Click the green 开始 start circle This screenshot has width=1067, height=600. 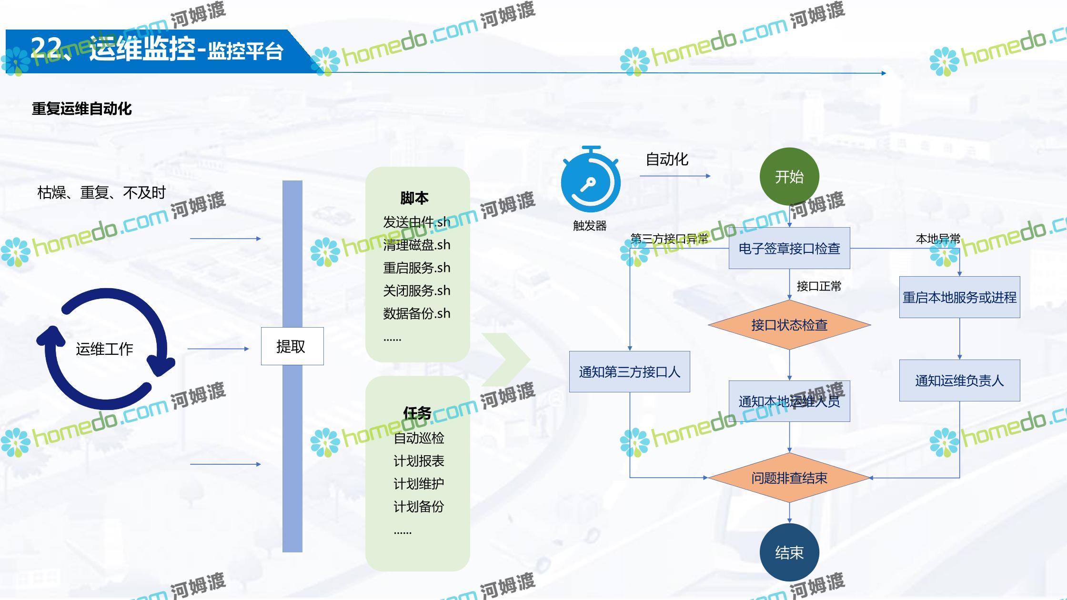point(789,177)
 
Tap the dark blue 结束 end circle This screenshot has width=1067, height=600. point(789,552)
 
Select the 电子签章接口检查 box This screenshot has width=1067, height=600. point(789,248)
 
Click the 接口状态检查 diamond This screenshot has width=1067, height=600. point(789,325)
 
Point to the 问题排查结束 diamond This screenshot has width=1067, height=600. point(789,478)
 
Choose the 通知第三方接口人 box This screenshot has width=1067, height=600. point(629,372)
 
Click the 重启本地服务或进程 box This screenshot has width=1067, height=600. point(959,297)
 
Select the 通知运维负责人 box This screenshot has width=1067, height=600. point(959,380)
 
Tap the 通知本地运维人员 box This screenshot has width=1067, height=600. point(789,401)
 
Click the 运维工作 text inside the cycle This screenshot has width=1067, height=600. point(104,349)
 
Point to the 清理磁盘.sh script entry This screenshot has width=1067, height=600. point(416,245)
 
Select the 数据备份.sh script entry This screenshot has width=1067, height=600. point(416,313)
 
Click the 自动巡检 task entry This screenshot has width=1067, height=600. point(419,438)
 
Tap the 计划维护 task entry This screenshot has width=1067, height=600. point(419,484)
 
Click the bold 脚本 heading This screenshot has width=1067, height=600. point(414,198)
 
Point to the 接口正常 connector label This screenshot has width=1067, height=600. point(819,286)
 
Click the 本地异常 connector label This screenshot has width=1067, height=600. point(938,239)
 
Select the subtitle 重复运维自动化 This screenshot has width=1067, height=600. point(82,109)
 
